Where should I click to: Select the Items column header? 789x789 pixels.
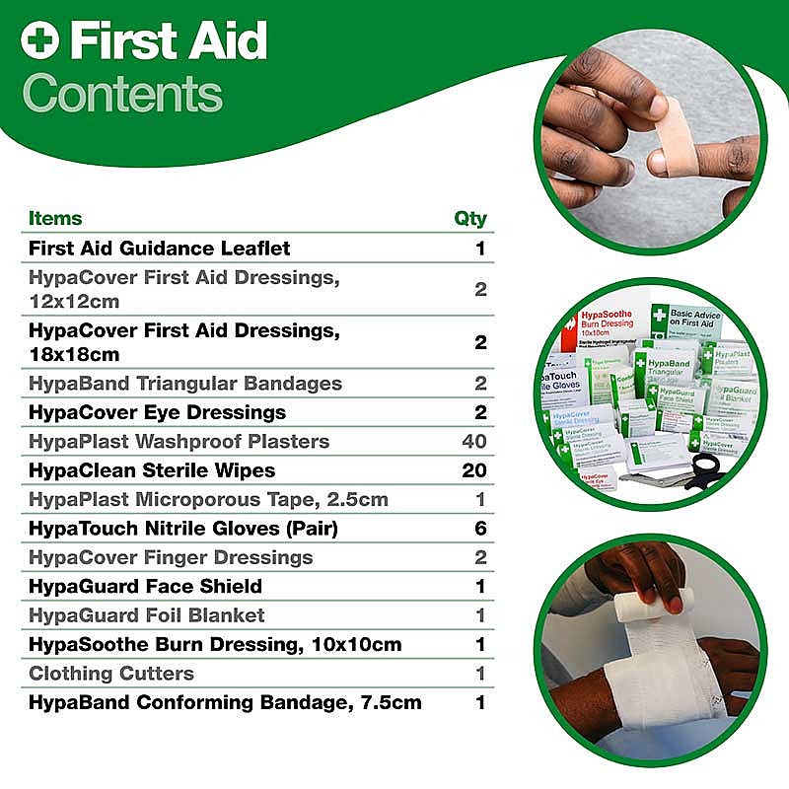click(55, 218)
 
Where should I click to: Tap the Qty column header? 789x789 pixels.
click(469, 218)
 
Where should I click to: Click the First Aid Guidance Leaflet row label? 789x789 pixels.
click(159, 248)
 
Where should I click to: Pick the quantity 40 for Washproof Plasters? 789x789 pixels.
click(473, 441)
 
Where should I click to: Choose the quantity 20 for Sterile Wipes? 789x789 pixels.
click(473, 470)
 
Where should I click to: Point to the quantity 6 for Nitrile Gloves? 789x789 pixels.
click(480, 529)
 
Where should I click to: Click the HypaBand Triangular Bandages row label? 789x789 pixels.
click(185, 383)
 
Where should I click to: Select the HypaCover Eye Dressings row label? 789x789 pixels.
click(157, 412)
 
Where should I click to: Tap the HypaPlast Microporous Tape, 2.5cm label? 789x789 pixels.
click(208, 499)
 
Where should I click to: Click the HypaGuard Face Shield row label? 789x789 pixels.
click(145, 586)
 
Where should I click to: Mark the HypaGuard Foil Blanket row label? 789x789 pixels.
click(147, 615)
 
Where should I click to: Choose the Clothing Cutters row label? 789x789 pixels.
click(111, 674)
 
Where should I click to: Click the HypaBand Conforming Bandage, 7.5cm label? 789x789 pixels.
click(225, 702)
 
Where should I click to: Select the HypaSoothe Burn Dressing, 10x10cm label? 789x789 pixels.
click(215, 644)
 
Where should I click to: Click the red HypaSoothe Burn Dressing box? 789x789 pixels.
click(605, 326)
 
